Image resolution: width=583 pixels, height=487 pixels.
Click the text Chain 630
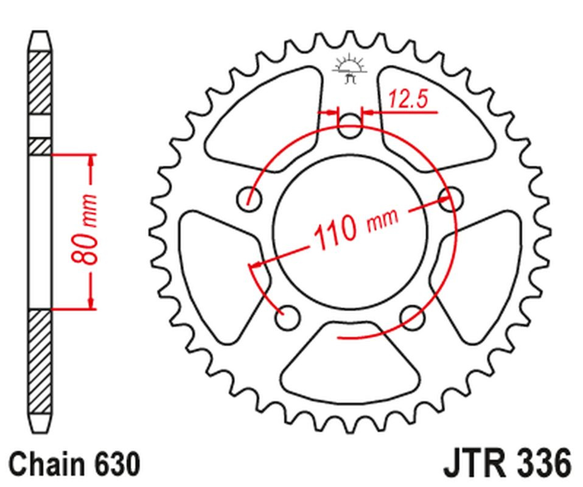75,464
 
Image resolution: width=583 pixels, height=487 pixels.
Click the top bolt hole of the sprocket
349,128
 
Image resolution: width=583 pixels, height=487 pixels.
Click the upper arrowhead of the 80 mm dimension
91,160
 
